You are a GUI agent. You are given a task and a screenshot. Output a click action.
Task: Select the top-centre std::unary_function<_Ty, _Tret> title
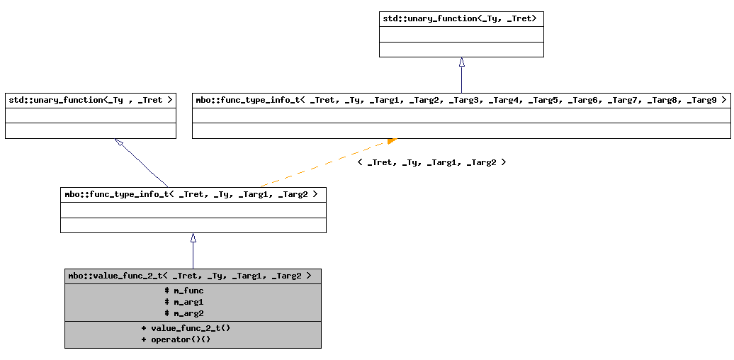pos(461,19)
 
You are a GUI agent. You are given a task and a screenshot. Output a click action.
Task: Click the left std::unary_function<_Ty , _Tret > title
pos(90,101)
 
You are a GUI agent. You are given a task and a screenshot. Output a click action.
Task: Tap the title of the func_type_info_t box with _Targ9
pos(461,101)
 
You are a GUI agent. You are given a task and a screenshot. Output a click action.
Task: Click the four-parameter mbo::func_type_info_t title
pos(193,194)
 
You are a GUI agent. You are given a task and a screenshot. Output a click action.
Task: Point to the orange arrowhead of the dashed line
pos(392,141)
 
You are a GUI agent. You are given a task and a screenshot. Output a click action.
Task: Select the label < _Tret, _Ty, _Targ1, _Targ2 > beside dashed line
pos(431,162)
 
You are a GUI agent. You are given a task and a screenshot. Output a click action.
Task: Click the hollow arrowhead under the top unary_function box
pos(461,62)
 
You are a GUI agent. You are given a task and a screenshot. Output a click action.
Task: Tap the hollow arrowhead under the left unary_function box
pos(119,142)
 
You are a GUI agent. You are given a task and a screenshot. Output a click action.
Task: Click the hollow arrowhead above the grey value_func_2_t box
pos(193,238)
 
